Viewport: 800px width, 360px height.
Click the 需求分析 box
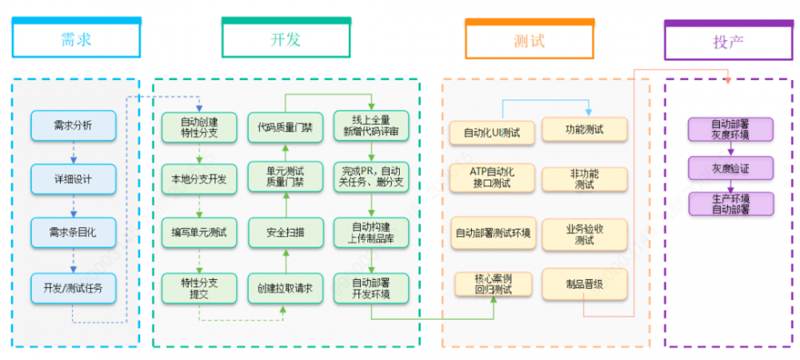point(74,126)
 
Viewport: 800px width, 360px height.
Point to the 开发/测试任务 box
point(74,286)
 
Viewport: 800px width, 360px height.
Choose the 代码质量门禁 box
point(286,126)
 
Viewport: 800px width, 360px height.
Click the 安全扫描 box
point(286,232)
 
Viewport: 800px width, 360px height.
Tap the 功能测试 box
point(584,129)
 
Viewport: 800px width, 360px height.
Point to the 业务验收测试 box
point(584,234)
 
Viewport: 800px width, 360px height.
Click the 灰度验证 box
point(730,168)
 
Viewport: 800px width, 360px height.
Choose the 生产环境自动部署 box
point(730,204)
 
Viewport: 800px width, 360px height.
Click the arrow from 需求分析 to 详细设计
point(74,152)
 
